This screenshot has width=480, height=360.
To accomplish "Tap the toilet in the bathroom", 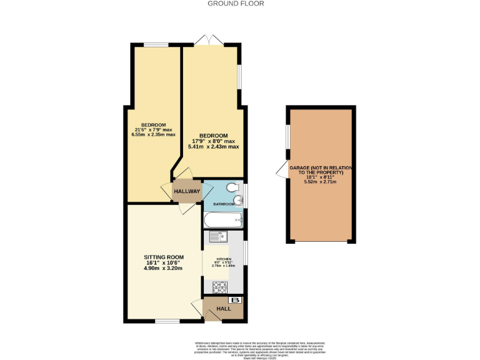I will tap(232, 187).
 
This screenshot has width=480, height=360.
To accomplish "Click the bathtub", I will tap(222, 219).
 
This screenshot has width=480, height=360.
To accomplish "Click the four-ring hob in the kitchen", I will tap(221, 287).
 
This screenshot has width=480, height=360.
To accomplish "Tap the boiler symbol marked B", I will tap(236, 301).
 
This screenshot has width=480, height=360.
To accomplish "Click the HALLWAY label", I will tap(187, 191).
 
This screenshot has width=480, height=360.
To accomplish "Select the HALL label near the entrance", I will tap(223, 309).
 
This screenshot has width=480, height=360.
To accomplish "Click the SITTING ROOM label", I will tap(164, 257).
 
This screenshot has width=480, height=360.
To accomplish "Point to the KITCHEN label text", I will tap(224, 259).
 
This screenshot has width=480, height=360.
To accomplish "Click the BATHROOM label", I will tap(224, 204).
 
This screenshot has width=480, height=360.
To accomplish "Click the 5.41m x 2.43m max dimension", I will tap(213, 147).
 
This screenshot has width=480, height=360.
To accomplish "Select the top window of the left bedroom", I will tap(156, 44).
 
